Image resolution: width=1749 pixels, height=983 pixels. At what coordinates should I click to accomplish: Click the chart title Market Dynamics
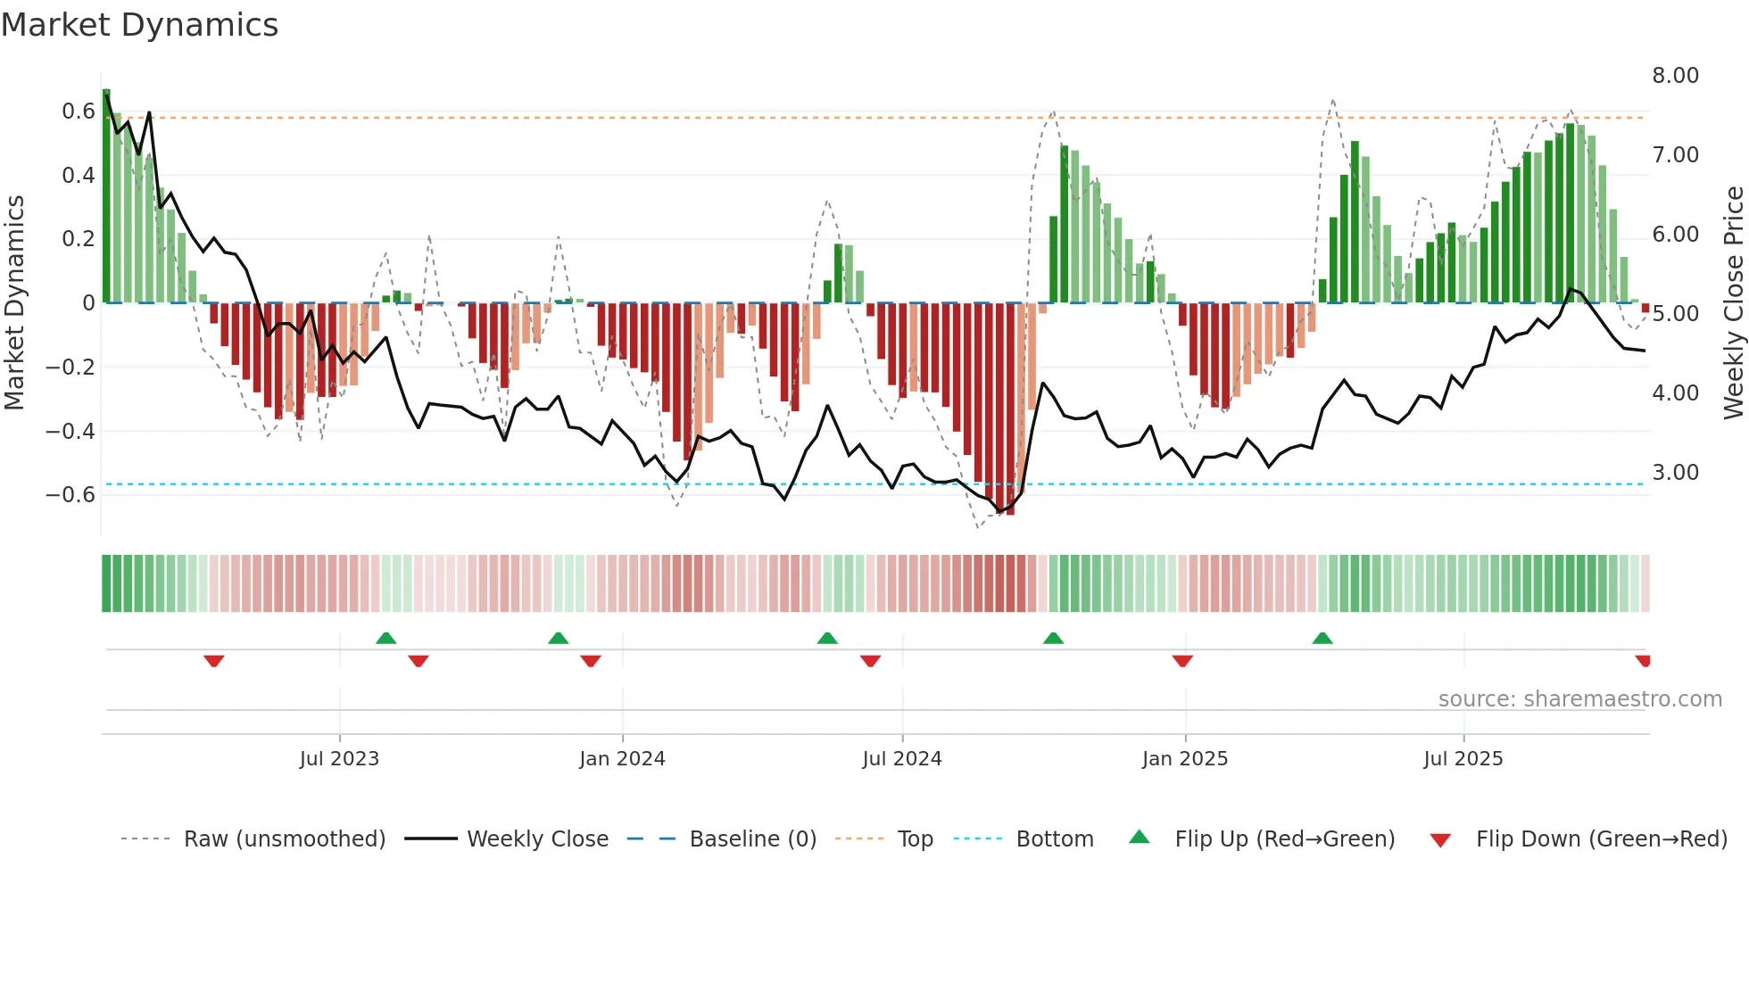click(x=140, y=25)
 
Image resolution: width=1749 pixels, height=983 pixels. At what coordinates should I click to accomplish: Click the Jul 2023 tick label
click(x=339, y=759)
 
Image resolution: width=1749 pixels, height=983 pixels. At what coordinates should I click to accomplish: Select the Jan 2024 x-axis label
click(x=622, y=759)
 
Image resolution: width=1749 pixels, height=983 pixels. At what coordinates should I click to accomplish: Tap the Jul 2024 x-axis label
click(x=902, y=759)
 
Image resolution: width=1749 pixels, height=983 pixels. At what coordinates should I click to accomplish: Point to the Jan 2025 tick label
click(x=1185, y=759)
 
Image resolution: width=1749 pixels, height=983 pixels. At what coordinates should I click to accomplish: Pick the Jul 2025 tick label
click(x=1463, y=759)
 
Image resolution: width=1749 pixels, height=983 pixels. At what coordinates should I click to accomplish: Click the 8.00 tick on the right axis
click(x=1675, y=76)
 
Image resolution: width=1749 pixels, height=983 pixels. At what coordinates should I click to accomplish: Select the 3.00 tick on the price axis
click(x=1675, y=473)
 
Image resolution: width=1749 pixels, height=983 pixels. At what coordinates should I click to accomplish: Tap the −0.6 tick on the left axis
click(x=70, y=495)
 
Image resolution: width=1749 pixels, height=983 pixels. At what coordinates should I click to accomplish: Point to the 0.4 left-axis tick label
click(x=79, y=176)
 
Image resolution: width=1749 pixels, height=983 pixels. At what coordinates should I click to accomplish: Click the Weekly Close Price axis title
click(x=1733, y=303)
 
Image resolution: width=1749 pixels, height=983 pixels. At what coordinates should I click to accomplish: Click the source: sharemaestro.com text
click(x=1579, y=699)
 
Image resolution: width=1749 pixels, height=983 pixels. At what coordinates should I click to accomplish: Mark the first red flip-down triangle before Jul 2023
click(x=213, y=661)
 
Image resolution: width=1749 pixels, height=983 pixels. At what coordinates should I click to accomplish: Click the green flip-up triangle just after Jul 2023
click(x=385, y=638)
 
